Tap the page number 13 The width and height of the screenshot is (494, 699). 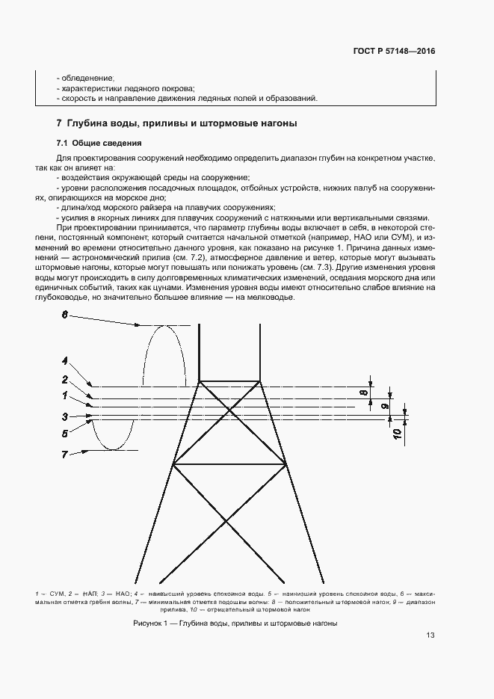[430, 635]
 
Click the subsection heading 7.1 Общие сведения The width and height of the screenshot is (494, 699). [99, 143]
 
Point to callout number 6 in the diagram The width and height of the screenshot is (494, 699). [64, 315]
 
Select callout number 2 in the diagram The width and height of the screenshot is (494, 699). [65, 379]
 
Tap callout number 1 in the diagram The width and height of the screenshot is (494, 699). [65, 394]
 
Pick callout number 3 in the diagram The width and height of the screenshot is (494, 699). [65, 416]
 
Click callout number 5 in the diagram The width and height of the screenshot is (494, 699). [65, 432]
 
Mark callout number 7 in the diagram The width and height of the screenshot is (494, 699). [65, 454]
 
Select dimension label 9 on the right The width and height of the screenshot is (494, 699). [385, 405]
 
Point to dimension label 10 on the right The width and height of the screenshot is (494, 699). [396, 431]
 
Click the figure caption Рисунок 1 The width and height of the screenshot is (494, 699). [235, 623]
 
